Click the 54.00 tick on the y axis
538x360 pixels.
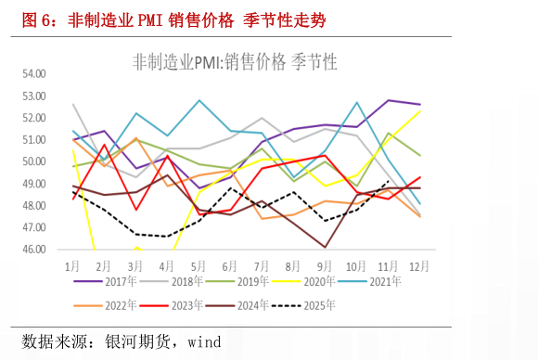point(34,73)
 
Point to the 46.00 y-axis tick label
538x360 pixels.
point(34,250)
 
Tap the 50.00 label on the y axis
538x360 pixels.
point(34,161)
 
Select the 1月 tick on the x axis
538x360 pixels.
point(73,264)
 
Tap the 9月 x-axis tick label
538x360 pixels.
point(325,264)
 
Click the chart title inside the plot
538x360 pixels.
point(236,61)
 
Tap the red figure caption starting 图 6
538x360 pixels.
point(173,19)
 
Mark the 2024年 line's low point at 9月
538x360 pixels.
point(325,247)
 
